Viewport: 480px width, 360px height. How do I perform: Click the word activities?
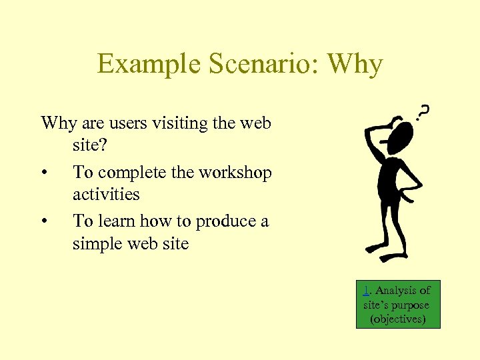tap(106, 195)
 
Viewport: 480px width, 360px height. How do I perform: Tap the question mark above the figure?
tap(423, 111)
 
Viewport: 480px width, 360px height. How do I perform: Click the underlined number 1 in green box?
tap(367, 290)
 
